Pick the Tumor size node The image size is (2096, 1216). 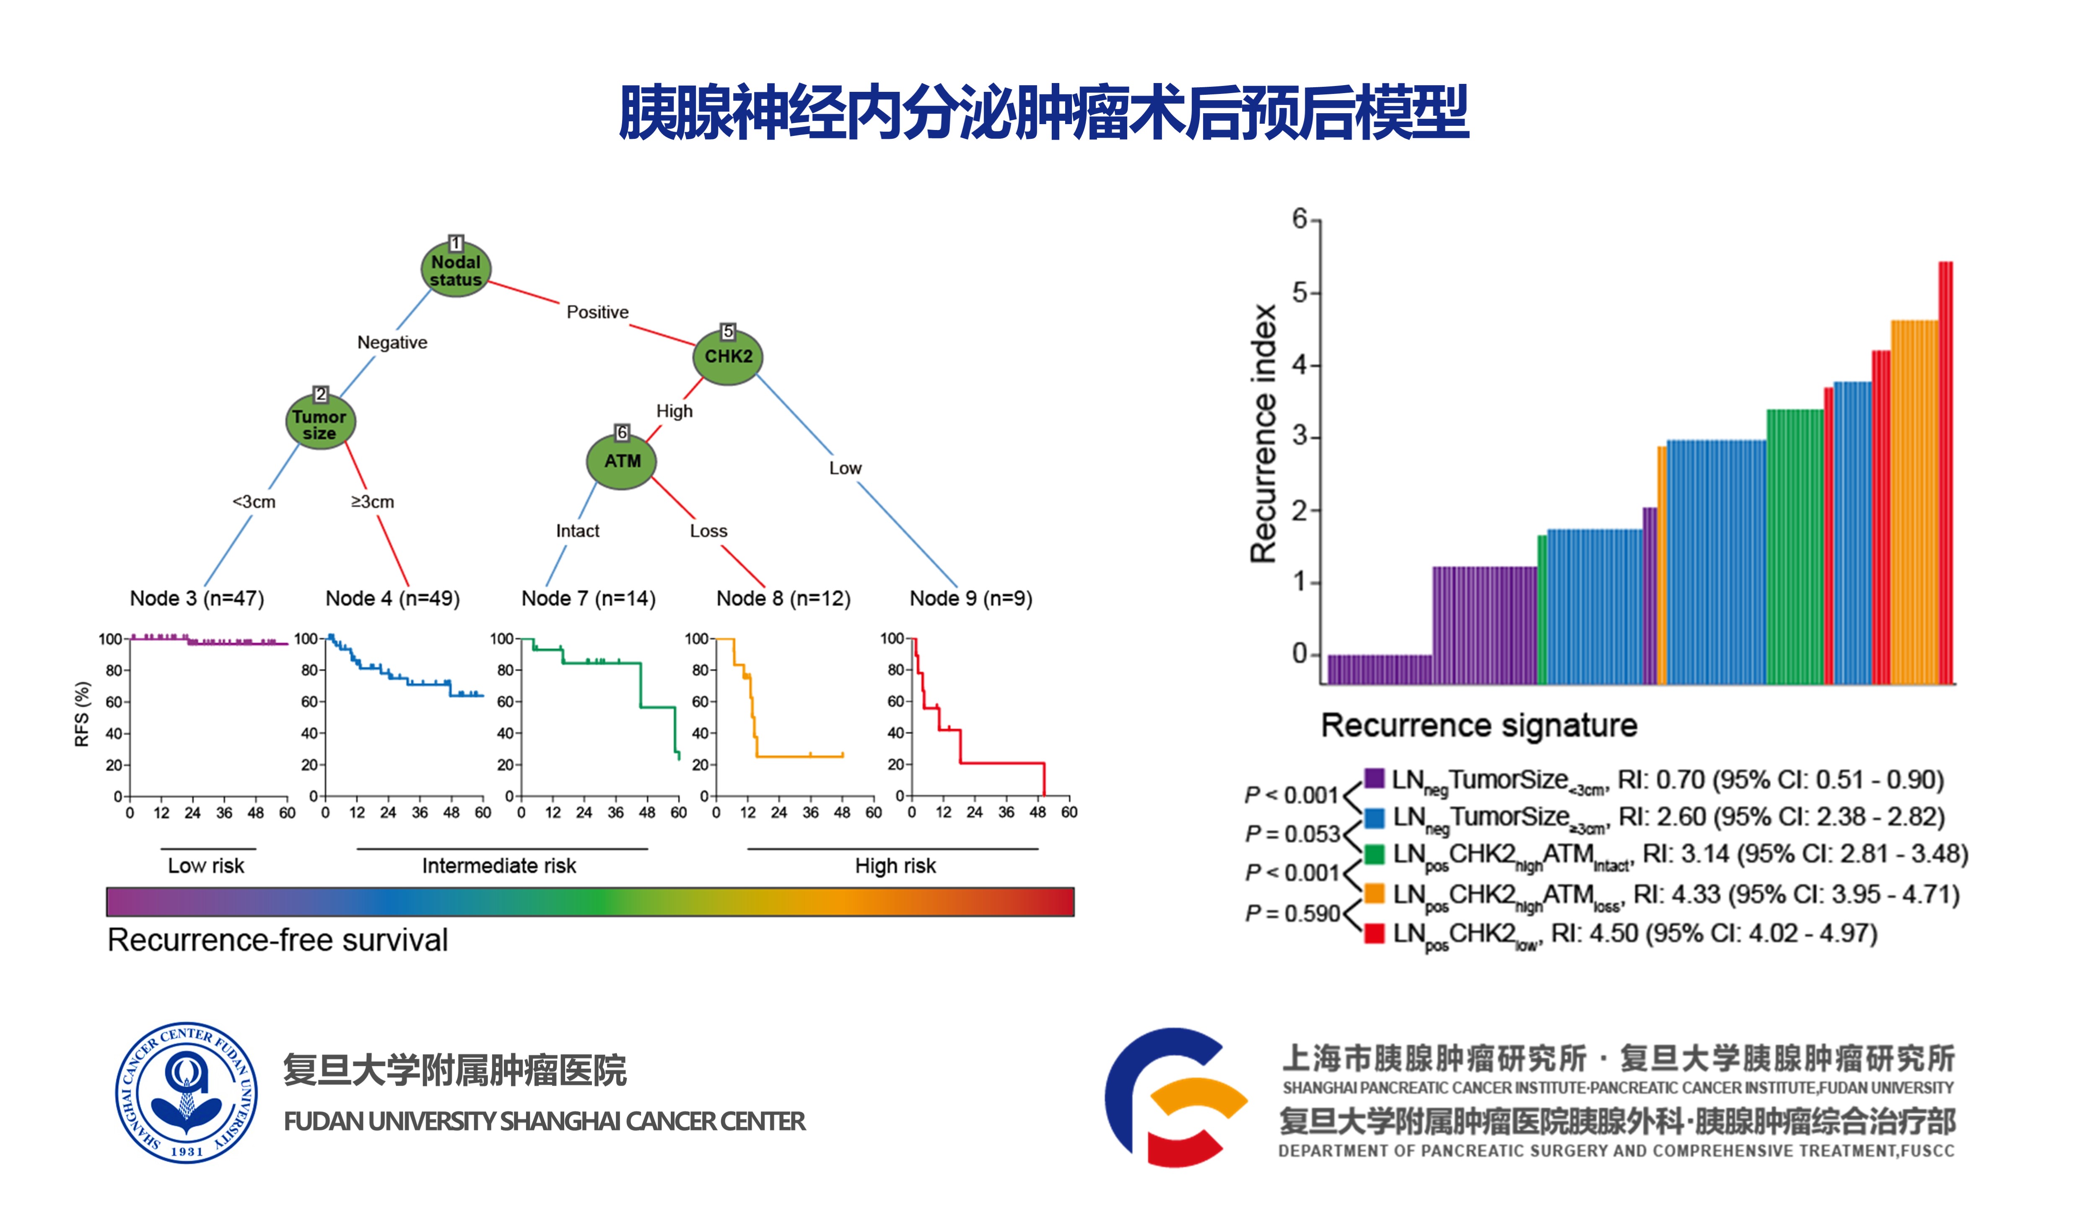coord(320,423)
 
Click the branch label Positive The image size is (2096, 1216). coord(597,312)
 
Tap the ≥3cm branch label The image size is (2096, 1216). coord(372,501)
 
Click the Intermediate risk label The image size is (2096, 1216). coord(499,866)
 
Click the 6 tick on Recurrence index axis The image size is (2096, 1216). coord(1299,219)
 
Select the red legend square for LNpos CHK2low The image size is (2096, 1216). coord(1374,933)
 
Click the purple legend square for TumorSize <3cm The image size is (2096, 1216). coord(1374,779)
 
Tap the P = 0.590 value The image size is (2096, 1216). coord(1292,913)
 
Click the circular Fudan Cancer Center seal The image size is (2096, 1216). coord(186,1092)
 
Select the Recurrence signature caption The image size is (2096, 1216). coord(1479,725)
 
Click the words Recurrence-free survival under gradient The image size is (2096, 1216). coord(278,940)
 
